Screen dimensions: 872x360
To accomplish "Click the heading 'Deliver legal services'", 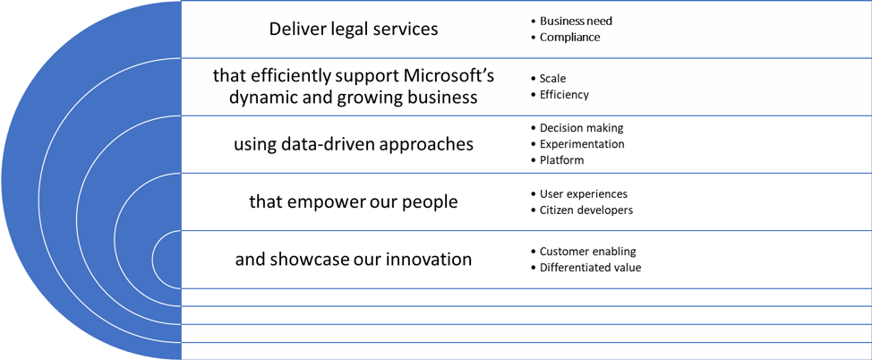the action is tap(353, 29).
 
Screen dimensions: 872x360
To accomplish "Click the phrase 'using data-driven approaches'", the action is tap(353, 144).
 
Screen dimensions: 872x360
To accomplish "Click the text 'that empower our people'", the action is tap(353, 201).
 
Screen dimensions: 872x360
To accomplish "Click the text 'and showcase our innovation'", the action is tap(353, 260).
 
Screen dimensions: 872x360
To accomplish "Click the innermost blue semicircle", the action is tap(167, 260).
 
